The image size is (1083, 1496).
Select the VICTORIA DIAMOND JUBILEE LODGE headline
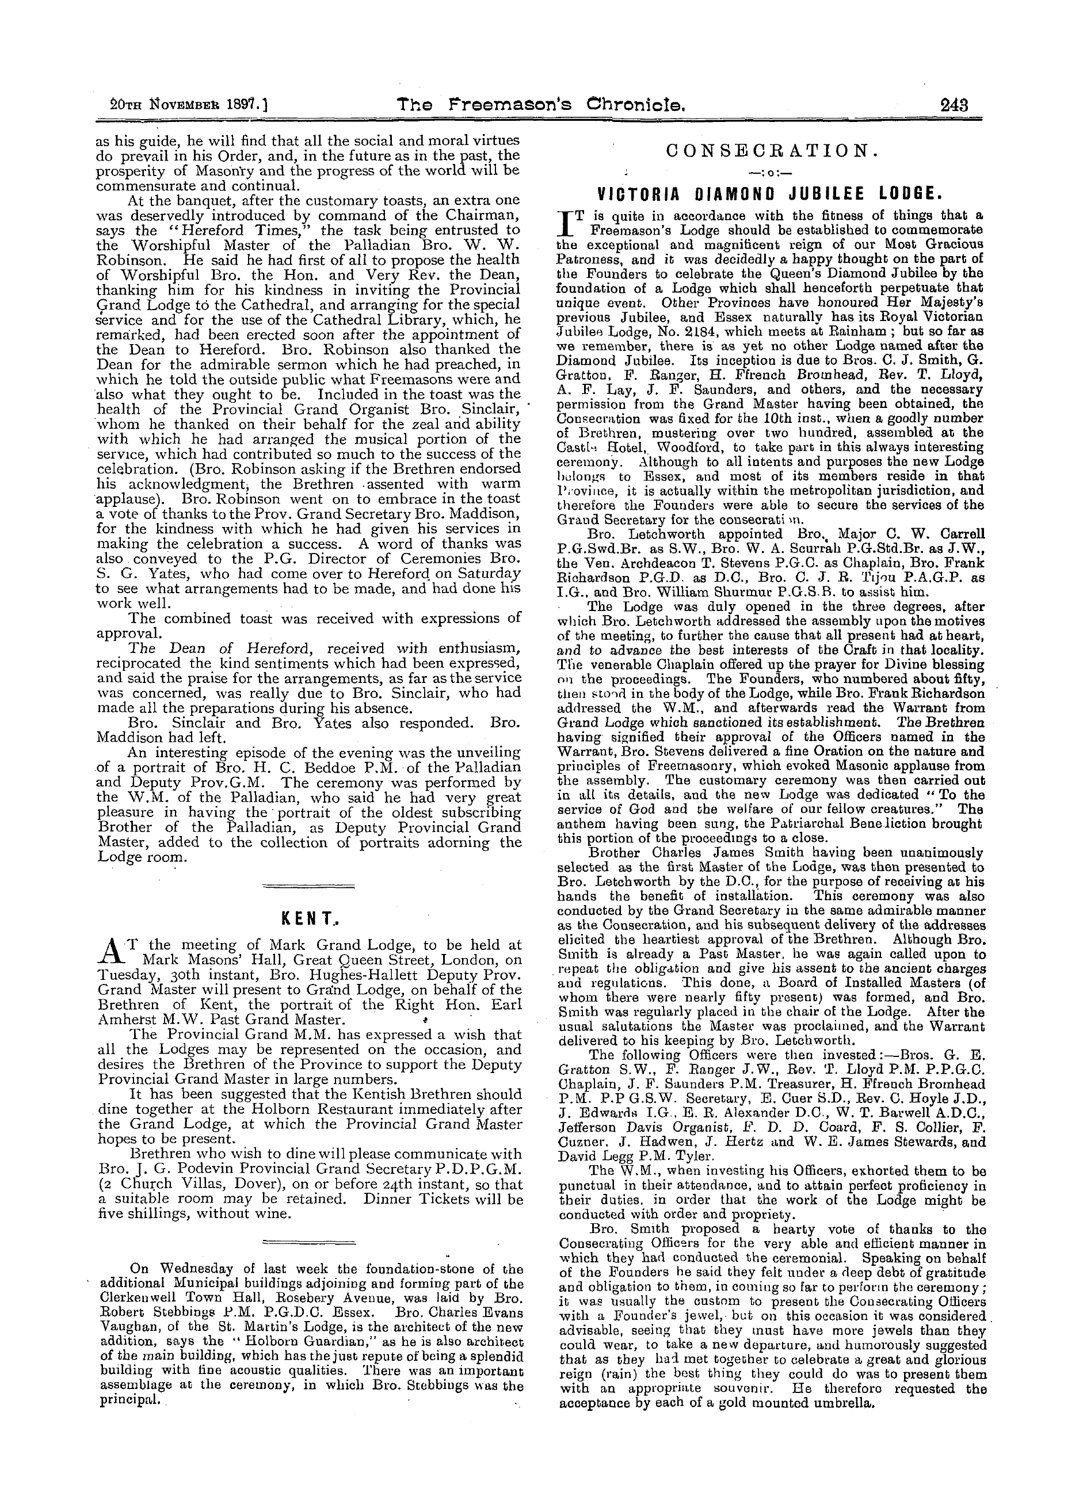coord(766,194)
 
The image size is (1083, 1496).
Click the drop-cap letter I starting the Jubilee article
coord(565,224)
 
